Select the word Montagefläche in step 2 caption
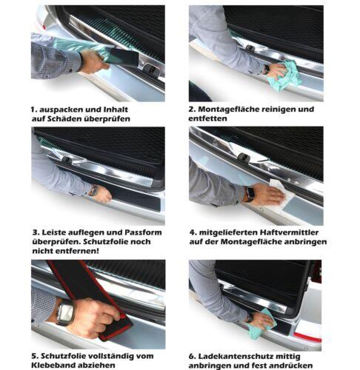tap(229, 109)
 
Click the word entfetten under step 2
tap(207, 118)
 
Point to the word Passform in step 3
tap(143, 232)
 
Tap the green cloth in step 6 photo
tap(262, 323)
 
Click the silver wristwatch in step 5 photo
tap(64, 313)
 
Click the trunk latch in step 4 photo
tap(244, 157)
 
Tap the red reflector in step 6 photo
tap(307, 336)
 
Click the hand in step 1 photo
tap(93, 61)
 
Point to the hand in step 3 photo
tap(102, 194)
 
